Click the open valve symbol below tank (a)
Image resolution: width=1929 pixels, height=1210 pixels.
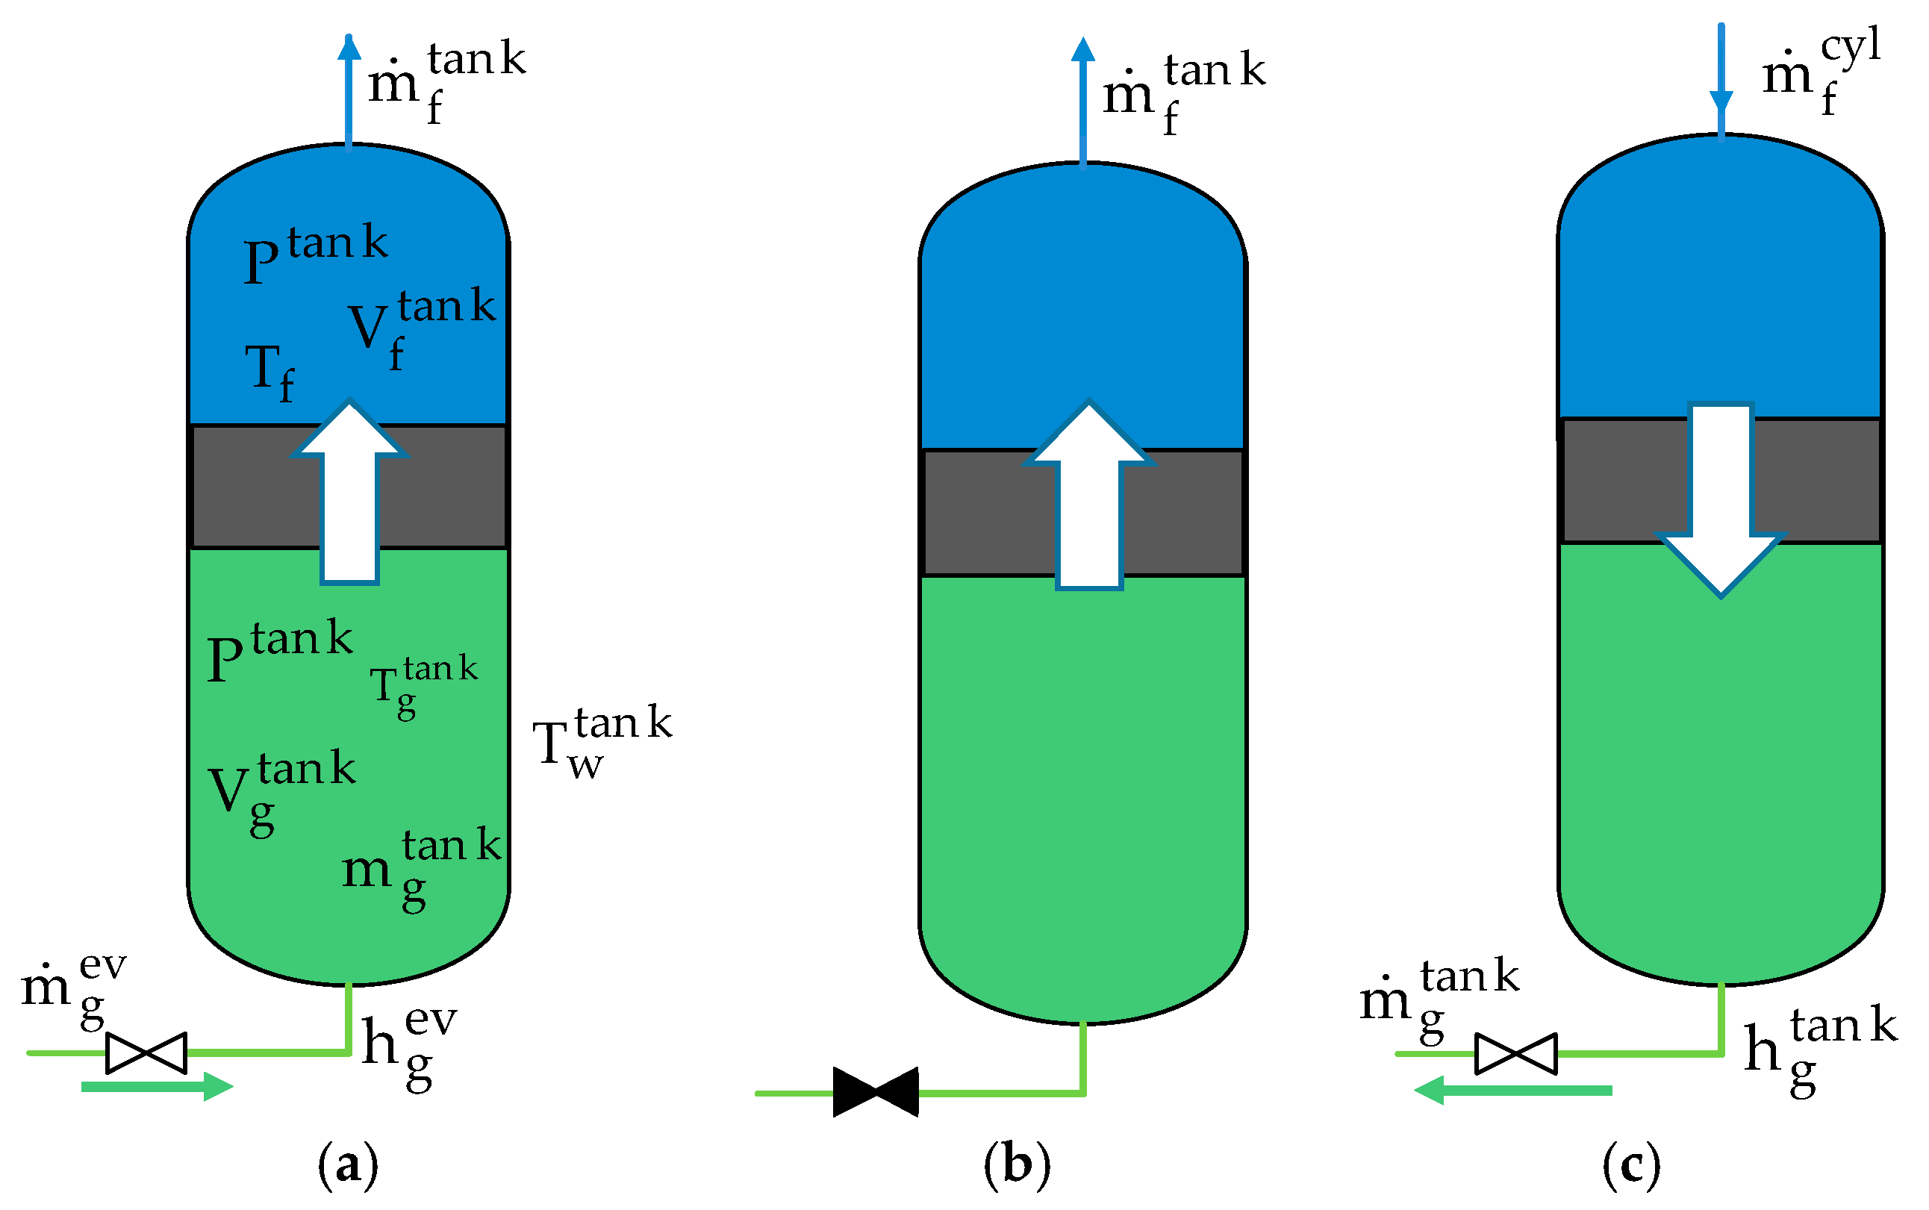pyautogui.click(x=146, y=1052)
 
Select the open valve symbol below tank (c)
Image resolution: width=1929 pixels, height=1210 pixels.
pyautogui.click(x=1515, y=1053)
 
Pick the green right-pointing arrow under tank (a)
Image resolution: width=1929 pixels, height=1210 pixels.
pyautogui.click(x=157, y=1086)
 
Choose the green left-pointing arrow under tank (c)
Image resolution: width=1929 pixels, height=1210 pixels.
pyautogui.click(x=1512, y=1090)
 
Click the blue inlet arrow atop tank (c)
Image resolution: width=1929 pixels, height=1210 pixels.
pyautogui.click(x=1721, y=80)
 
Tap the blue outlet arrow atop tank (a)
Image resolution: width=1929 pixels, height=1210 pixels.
pyautogui.click(x=348, y=88)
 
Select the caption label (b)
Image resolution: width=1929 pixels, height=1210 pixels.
pyautogui.click(x=1016, y=1164)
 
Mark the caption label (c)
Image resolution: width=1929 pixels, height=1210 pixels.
pyautogui.click(x=1631, y=1164)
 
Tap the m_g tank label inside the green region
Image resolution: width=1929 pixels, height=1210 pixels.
pyautogui.click(x=420, y=868)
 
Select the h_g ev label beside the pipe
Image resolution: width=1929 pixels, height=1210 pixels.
pyautogui.click(x=408, y=1045)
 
